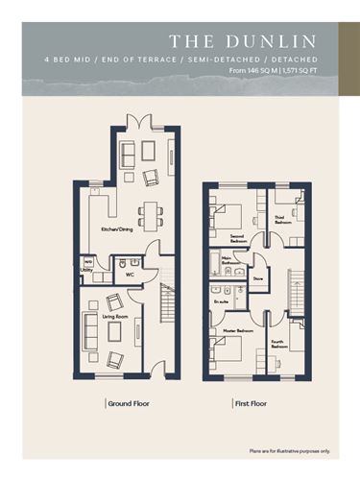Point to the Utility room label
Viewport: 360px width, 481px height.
(x=86, y=270)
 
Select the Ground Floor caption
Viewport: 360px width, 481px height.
(x=128, y=403)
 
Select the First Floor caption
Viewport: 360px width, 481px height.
(x=251, y=403)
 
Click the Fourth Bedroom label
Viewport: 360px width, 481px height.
(x=280, y=343)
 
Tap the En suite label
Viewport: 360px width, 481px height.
(x=220, y=301)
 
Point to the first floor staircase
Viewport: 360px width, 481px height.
(x=293, y=288)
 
